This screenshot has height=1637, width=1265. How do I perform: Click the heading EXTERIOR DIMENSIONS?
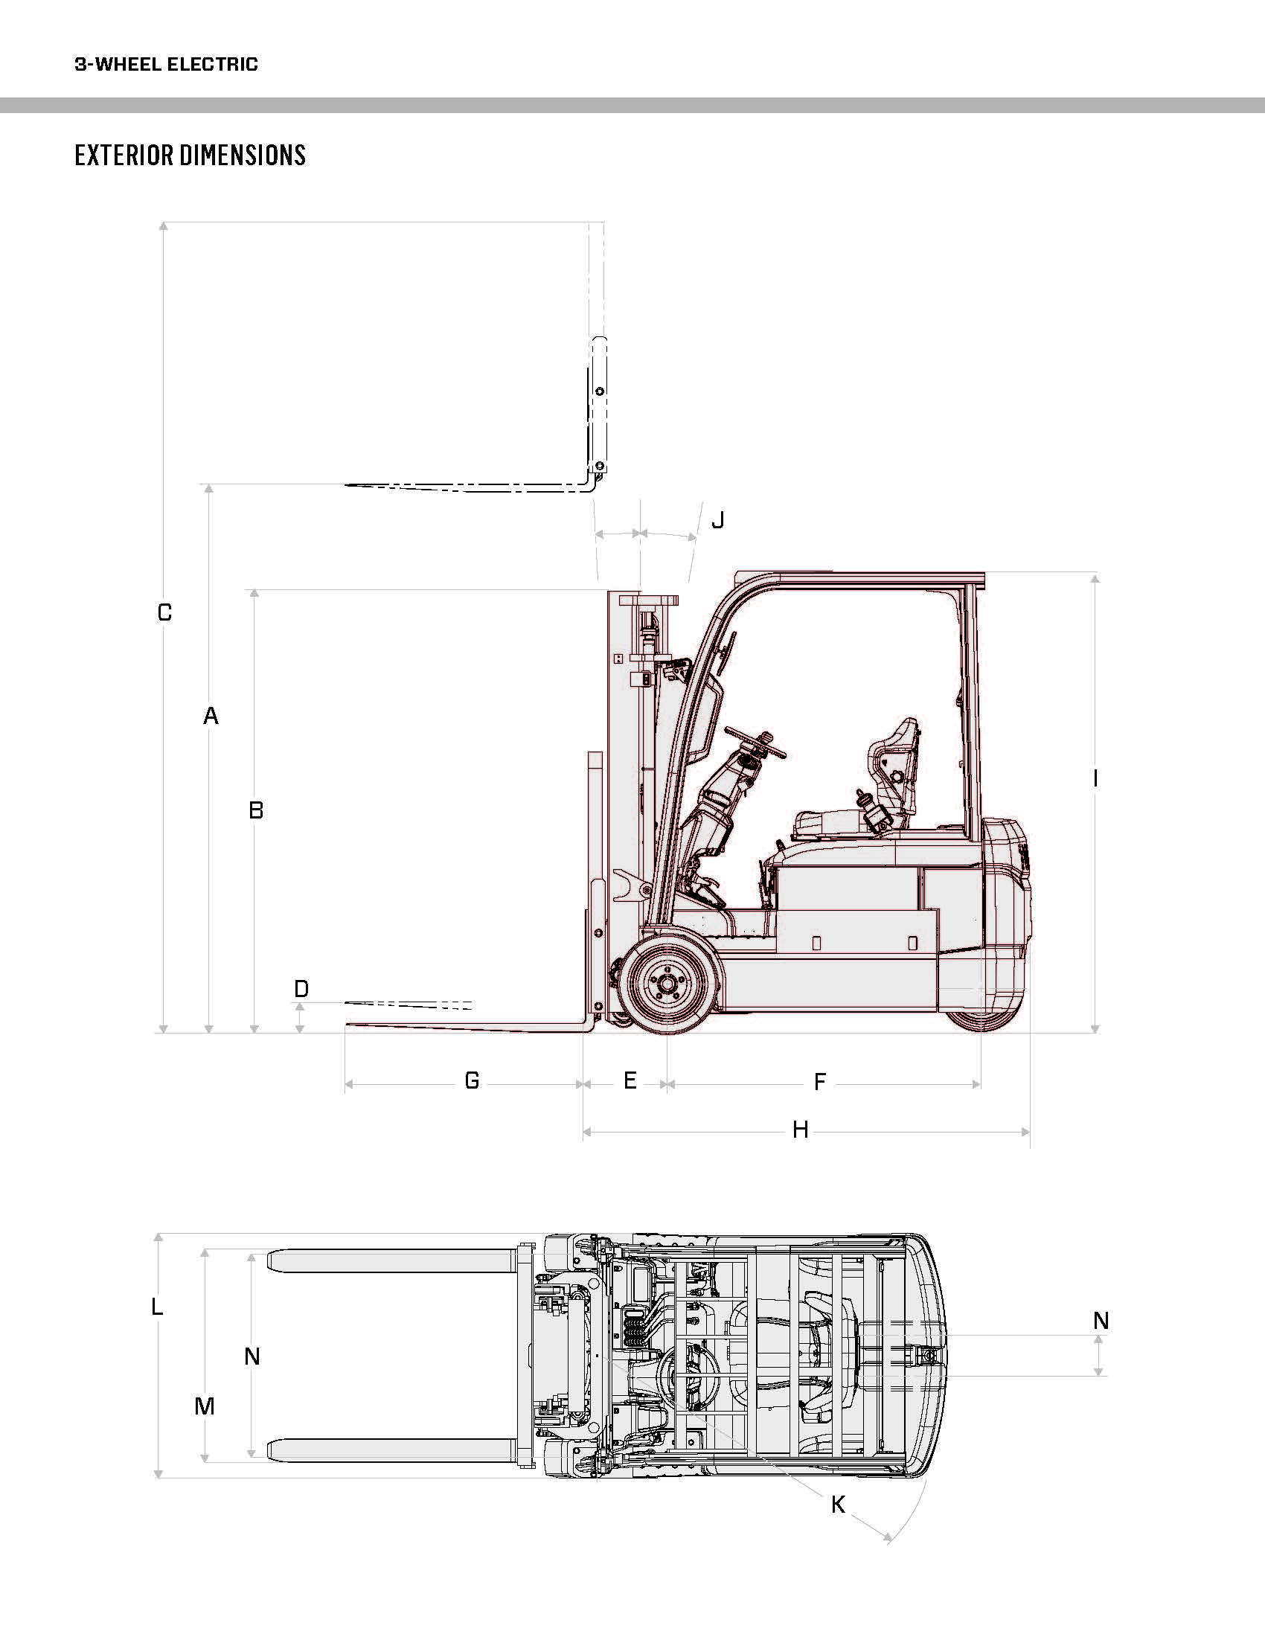coord(190,156)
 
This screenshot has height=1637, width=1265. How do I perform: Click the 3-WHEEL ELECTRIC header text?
coord(167,65)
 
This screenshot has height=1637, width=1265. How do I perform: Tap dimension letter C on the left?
coord(165,612)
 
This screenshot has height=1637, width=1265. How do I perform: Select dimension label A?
coord(211,716)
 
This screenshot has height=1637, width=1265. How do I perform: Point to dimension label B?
coord(256,810)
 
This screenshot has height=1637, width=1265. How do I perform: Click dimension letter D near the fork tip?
coord(301,989)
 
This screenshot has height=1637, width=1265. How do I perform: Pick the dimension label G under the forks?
coord(472,1080)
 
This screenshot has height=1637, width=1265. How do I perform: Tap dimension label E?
coord(630,1080)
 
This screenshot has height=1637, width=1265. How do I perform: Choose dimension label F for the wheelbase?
coord(820,1082)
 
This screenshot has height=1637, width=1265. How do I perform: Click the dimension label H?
coord(801,1130)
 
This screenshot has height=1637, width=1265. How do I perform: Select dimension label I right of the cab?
coord(1095,779)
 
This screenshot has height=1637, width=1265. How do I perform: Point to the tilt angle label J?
coord(718,519)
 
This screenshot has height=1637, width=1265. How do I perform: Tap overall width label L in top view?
coord(156,1307)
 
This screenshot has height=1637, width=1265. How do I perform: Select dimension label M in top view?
coord(205,1406)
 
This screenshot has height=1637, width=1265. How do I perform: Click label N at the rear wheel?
coord(1101,1321)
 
